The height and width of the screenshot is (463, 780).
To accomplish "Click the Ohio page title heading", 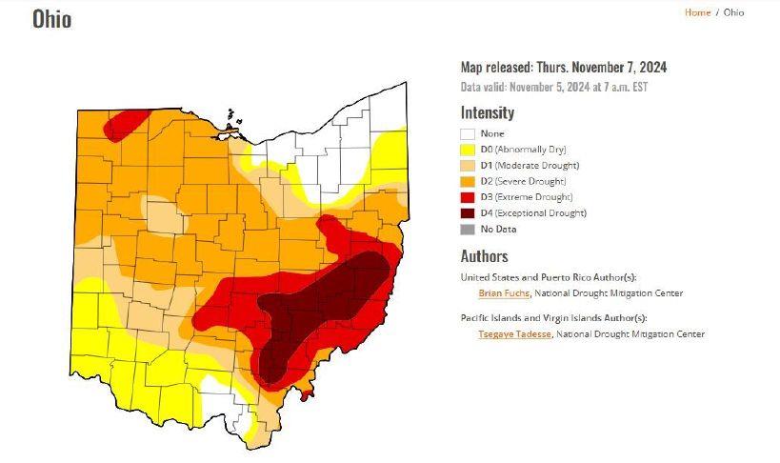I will [x=51, y=19].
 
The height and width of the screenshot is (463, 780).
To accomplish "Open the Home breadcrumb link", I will [x=697, y=12].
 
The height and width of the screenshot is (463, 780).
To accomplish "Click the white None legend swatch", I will [x=468, y=134].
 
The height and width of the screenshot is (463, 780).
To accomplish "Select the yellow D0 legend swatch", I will [x=468, y=150].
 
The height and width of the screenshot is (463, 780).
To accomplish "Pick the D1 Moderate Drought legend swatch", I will [x=468, y=166].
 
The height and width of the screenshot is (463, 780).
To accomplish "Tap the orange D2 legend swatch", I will [x=468, y=181].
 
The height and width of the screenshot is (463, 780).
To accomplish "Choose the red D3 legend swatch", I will [x=468, y=197].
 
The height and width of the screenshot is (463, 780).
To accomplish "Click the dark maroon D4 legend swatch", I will [x=468, y=212].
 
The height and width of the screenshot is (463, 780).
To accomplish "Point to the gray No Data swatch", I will [x=468, y=229].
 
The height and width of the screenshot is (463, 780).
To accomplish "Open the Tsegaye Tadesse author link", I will [x=514, y=334].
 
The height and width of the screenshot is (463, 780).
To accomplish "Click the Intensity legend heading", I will [x=487, y=112].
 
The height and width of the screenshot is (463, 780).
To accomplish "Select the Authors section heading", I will [x=484, y=256].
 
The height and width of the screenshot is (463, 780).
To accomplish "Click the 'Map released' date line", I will [x=563, y=67].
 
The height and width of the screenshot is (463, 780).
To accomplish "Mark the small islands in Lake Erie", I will [x=230, y=121].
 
